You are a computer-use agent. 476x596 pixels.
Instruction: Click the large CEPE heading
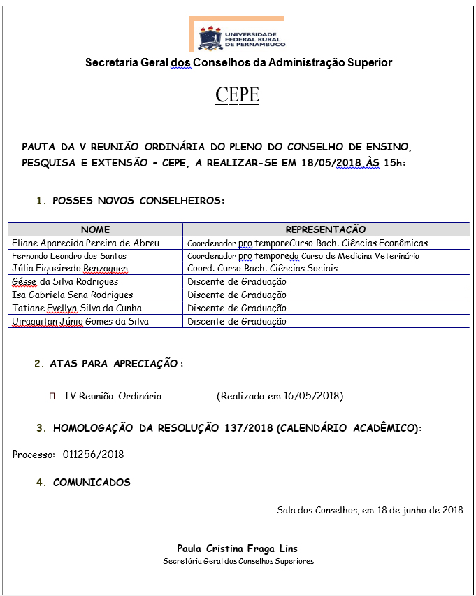coord(238,95)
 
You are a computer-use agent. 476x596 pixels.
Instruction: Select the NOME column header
coord(95,229)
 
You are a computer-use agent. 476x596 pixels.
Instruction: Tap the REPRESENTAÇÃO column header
coord(326,229)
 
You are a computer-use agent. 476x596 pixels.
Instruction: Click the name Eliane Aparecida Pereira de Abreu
coord(86,243)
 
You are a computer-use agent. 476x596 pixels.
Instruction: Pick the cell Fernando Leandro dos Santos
coord(70,256)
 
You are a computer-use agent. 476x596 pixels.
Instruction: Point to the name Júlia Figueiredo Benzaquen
coord(71,269)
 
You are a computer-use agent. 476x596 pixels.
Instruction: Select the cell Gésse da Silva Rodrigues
coord(66,282)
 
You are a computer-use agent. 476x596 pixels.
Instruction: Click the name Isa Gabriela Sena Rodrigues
coord(73,295)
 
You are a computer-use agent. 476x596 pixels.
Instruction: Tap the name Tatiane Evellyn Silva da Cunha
coord(77,308)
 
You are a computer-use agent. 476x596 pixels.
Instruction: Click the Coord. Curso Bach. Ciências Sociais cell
coord(262,269)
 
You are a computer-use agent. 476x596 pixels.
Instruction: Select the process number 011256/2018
coord(93,455)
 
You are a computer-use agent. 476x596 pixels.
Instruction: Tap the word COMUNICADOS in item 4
coord(92,483)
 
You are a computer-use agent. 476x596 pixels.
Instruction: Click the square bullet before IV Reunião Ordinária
coord(52,397)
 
